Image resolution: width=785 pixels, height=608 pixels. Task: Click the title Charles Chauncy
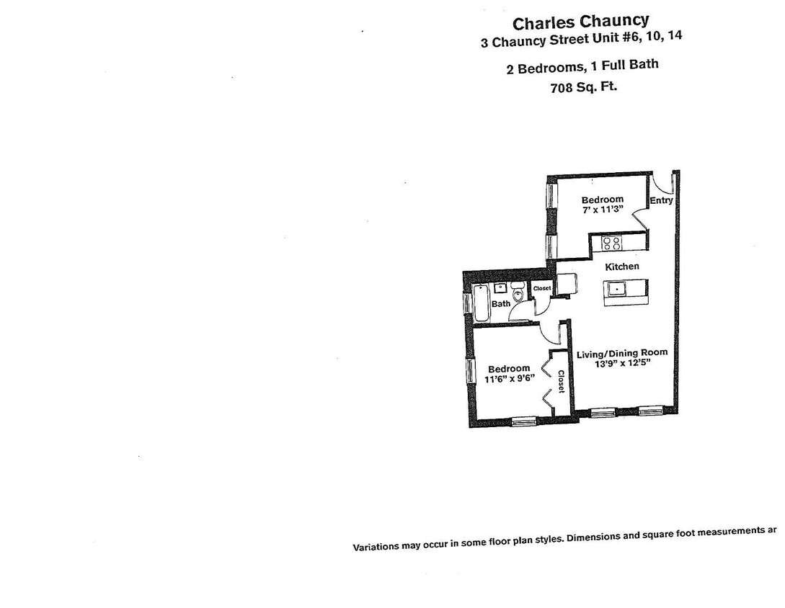580,22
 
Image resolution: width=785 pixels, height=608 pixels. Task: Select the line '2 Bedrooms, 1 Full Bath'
582,67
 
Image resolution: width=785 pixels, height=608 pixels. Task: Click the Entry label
661,200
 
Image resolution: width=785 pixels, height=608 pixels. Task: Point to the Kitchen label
621,267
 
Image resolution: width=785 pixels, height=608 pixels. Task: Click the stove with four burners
612,243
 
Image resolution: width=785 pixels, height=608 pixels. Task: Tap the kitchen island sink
618,290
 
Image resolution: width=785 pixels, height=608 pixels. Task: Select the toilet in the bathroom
518,295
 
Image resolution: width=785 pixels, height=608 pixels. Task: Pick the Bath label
501,304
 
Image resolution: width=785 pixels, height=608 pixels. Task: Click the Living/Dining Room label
621,353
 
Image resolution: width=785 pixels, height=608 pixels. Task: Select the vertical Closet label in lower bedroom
561,382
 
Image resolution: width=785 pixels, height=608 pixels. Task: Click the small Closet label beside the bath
542,288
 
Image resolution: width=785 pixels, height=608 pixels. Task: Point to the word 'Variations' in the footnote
375,547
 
